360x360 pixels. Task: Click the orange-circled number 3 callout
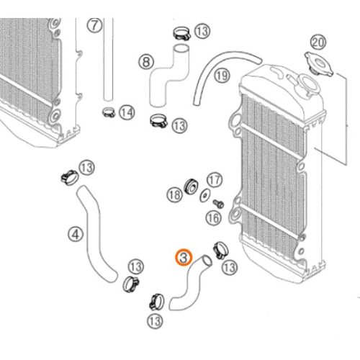click(x=184, y=258)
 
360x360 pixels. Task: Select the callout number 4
click(x=76, y=234)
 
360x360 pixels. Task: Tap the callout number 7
click(x=94, y=25)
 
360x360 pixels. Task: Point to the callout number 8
click(x=146, y=62)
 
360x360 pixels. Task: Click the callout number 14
click(x=127, y=112)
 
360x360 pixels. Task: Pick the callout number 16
click(x=213, y=218)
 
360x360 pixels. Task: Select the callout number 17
click(x=215, y=180)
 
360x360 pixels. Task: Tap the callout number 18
click(x=174, y=195)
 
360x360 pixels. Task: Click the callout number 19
click(x=222, y=76)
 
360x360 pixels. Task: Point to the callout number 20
click(x=318, y=42)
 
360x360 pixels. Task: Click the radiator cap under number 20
click(x=319, y=64)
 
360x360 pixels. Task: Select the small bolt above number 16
click(x=219, y=204)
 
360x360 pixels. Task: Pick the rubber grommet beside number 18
click(x=191, y=186)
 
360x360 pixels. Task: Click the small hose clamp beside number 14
click(x=109, y=112)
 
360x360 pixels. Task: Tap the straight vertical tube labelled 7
click(x=108, y=59)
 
